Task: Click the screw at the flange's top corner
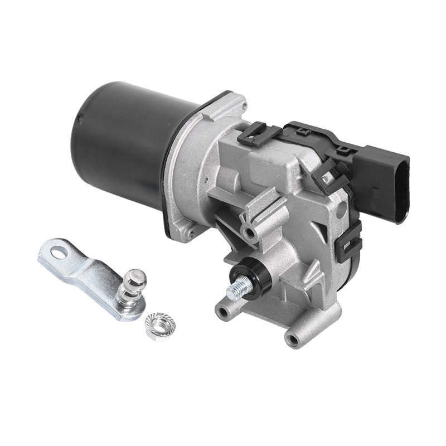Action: [x=240, y=104]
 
